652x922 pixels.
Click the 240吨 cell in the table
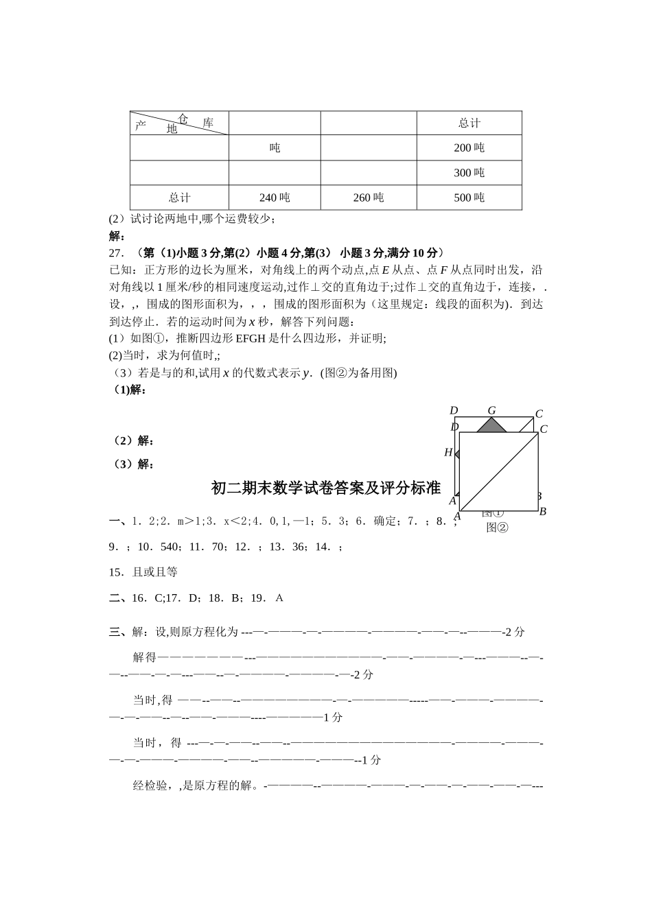coord(275,198)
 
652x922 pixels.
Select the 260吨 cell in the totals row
coord(369,198)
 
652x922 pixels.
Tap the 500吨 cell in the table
coord(469,198)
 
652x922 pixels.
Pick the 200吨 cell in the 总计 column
coord(469,147)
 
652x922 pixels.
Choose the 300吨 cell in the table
coord(469,172)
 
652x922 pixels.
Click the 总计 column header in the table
coord(469,123)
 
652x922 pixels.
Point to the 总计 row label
coord(179,198)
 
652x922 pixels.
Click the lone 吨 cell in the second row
coord(275,147)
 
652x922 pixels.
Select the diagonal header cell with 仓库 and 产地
coord(179,123)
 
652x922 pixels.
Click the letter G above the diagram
coord(491,411)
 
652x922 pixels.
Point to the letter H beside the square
coord(448,453)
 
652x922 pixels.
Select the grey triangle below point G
coord(491,425)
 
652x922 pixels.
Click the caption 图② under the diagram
coord(497,527)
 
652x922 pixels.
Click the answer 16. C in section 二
coord(147,598)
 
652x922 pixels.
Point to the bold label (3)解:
coord(133,464)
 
